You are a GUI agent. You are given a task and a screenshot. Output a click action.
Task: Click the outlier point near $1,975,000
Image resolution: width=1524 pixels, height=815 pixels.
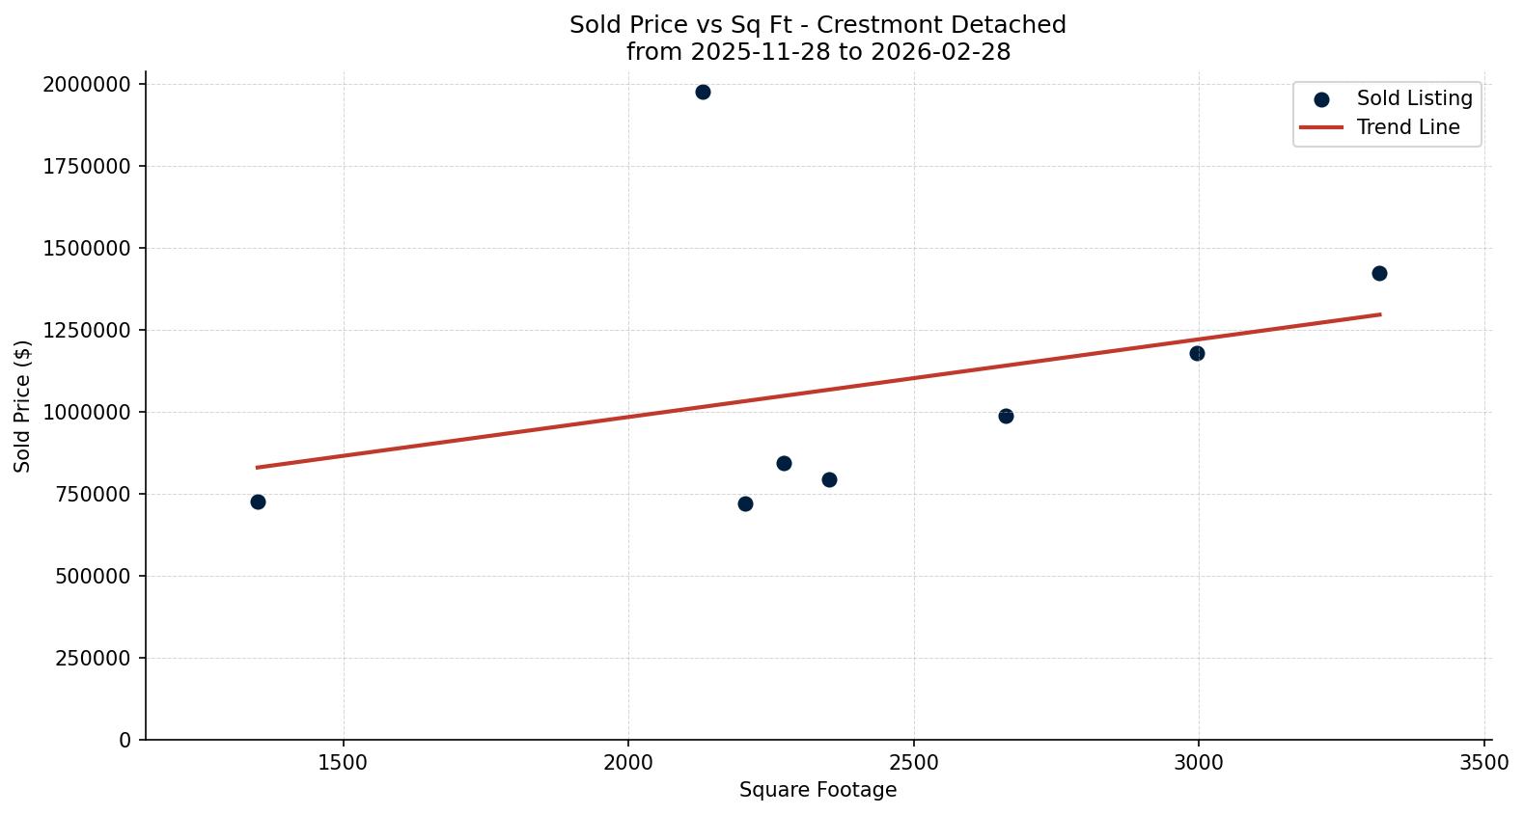coord(703,93)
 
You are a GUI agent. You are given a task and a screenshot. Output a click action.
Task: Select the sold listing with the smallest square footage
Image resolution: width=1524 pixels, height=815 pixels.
coord(258,503)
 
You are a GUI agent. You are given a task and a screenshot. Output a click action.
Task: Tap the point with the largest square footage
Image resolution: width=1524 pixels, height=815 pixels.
coord(1379,274)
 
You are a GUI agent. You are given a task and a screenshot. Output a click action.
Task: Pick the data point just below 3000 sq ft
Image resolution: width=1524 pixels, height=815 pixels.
coord(1197,354)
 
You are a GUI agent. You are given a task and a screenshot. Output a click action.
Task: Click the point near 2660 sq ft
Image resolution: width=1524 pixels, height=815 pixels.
coord(1006,417)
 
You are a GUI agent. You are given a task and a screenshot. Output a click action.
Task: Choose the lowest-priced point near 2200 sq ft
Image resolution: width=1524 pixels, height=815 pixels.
coord(745,504)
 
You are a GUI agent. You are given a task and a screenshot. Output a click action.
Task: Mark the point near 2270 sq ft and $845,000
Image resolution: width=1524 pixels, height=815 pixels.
coord(784,464)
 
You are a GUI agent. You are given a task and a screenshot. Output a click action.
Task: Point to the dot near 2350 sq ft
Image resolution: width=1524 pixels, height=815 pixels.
coord(829,480)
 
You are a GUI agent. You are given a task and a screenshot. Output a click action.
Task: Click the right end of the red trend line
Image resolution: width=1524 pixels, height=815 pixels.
coord(1380,314)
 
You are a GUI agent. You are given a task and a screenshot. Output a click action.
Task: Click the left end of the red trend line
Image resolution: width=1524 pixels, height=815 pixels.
coord(257,468)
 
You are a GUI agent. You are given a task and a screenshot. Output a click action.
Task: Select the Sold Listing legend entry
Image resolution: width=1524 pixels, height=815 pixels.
coord(1414,98)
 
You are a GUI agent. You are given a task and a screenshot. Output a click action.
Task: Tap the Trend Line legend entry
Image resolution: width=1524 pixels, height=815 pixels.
coord(1407,127)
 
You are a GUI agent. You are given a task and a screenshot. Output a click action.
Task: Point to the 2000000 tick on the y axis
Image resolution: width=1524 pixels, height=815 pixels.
coord(86,85)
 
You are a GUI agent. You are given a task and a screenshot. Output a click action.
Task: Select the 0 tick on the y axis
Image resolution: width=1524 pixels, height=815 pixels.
coord(125,741)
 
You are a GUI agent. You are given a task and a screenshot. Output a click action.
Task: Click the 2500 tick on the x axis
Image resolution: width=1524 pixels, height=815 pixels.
coord(913,763)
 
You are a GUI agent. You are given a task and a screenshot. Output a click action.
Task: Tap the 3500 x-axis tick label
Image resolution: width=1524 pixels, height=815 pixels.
coord(1483,763)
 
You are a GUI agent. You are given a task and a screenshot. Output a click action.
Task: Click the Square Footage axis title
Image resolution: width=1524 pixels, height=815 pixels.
coord(817,791)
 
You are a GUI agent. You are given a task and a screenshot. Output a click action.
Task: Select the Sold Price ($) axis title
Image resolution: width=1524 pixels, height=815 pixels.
coord(23,406)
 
